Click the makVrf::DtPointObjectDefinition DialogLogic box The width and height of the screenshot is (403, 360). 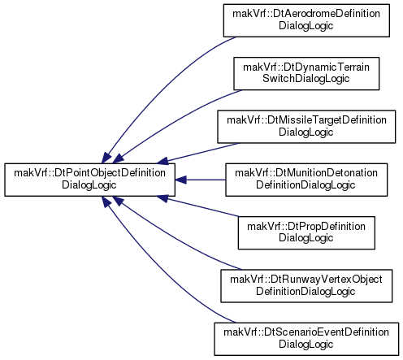coord(89,180)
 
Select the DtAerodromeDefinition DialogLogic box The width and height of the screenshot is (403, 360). coord(306,20)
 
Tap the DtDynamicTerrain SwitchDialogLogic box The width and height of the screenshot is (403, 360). coord(306,73)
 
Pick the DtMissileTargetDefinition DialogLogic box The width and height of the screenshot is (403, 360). coord(306,127)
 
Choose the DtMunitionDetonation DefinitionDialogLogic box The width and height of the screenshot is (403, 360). coord(306,180)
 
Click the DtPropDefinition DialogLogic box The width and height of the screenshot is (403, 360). coord(306,232)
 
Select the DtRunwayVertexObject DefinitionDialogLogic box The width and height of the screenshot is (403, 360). coord(306,286)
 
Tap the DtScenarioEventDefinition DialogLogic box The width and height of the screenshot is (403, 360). coord(306,339)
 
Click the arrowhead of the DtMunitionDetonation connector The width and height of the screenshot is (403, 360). coord(180,180)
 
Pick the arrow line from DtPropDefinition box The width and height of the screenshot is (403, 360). coord(198,206)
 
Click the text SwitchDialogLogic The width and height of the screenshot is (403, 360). coord(306,79)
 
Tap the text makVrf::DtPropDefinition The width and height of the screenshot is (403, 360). coord(306,226)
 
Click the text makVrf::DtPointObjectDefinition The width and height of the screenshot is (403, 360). coord(89,173)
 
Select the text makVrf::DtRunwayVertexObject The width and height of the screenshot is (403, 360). coord(306,280)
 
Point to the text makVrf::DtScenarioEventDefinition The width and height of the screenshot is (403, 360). coord(306,332)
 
